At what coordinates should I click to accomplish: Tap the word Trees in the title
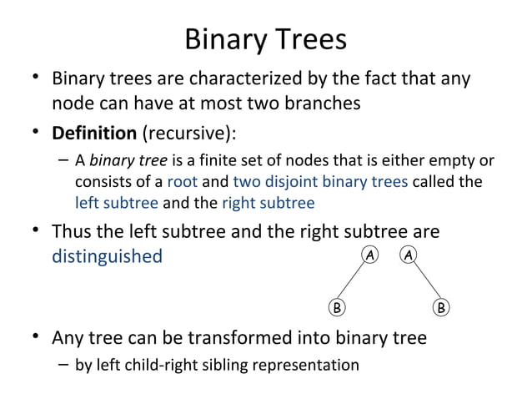(x=305, y=39)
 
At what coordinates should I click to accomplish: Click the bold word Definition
(x=94, y=133)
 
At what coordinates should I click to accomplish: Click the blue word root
(x=182, y=181)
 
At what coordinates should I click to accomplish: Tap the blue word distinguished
(x=107, y=255)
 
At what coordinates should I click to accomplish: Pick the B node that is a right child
(x=441, y=307)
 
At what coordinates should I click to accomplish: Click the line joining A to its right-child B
(x=425, y=281)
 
